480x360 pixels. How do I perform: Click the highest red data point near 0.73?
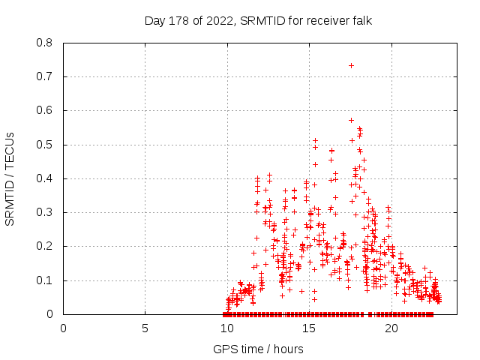point(351,66)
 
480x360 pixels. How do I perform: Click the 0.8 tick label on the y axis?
point(46,43)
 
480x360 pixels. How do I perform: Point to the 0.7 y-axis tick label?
point(46,76)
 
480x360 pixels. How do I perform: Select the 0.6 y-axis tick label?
point(46,110)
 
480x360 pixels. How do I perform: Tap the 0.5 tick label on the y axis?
point(46,145)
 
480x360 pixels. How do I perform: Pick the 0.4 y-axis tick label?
point(46,178)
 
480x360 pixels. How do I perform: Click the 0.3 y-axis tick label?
point(46,212)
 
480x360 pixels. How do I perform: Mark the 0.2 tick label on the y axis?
point(46,246)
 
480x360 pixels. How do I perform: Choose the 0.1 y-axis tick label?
point(46,280)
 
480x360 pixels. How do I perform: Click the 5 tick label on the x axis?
point(145,328)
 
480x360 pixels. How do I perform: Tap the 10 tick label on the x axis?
point(227,328)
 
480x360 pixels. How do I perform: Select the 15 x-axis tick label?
point(309,328)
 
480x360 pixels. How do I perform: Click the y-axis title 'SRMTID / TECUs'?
point(10,178)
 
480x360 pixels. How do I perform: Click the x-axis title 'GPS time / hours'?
point(258,349)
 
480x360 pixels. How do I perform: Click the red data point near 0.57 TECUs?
point(351,120)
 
